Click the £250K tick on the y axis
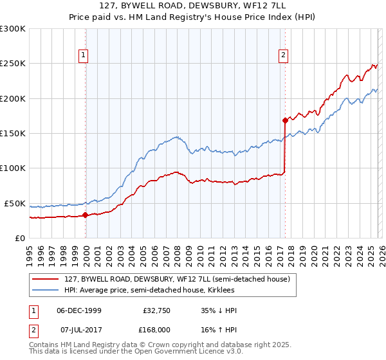[x=14, y=64]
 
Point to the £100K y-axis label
[x=14, y=168]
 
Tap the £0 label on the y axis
[x=19, y=238]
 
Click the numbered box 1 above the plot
[x=84, y=56]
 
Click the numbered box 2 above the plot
[x=283, y=56]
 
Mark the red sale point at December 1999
[x=85, y=215]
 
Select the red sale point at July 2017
[x=284, y=120]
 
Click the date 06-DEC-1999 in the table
[x=79, y=310]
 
